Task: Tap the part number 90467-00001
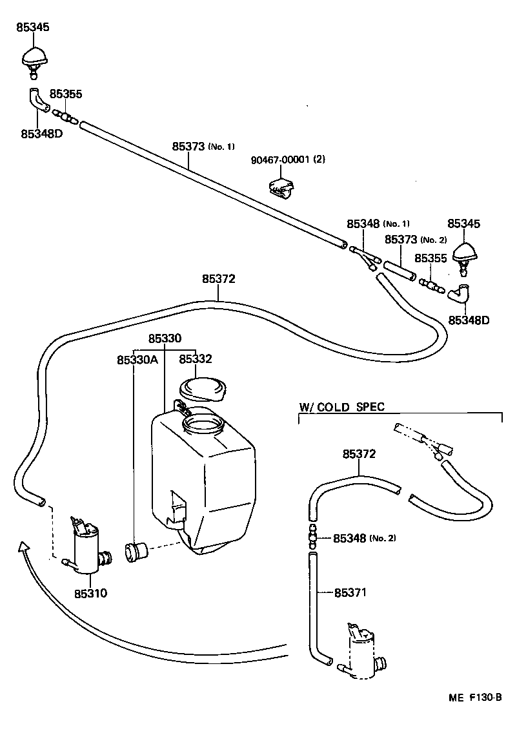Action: point(283,160)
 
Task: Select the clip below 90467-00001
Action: point(280,187)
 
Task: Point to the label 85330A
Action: point(137,359)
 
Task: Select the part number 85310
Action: point(90,592)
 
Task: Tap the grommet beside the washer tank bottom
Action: point(136,552)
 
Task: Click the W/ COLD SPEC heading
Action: point(341,406)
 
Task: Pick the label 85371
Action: point(350,592)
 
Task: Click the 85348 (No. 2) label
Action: point(361,538)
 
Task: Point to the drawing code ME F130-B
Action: point(475,698)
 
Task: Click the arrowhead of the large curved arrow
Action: point(24,548)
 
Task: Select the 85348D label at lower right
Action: point(469,320)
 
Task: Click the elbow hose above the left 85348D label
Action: point(38,99)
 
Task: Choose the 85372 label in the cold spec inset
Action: point(359,454)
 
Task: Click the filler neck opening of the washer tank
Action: point(203,425)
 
